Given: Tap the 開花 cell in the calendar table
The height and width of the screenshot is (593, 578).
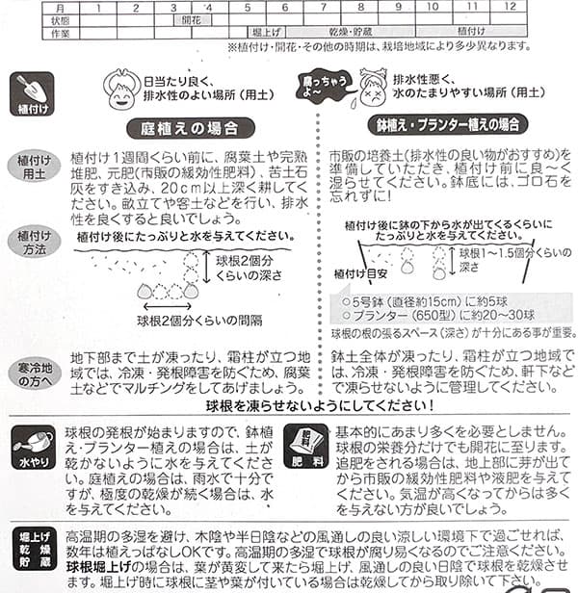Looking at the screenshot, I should (194, 19).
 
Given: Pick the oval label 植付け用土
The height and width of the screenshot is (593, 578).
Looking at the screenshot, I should (34, 166).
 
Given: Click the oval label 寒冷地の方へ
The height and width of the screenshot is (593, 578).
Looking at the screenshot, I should (34, 372).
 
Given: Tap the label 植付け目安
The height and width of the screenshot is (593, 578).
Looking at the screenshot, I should (364, 272).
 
